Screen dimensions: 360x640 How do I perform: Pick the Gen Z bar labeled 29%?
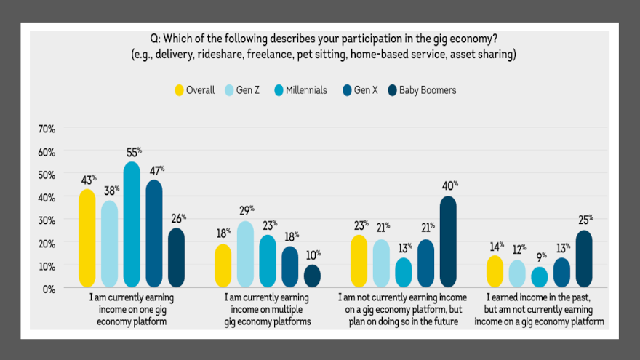pos(245,254)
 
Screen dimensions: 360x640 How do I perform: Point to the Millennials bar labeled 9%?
pos(538,277)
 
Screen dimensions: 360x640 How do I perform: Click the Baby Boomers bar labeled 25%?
pos(584,258)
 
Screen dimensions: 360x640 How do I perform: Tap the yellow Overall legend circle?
pos(178,90)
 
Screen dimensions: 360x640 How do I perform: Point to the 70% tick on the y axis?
pos(47,129)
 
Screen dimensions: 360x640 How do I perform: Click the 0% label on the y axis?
pos(49,289)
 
